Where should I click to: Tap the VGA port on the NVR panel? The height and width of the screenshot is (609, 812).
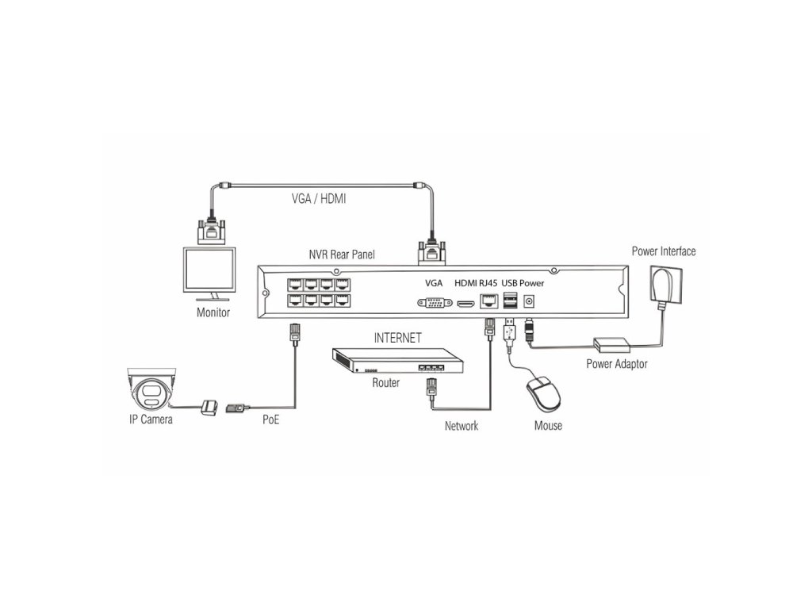click(433, 302)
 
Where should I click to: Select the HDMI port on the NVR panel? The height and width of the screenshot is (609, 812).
click(465, 303)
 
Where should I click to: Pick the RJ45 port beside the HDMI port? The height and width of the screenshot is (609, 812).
click(488, 301)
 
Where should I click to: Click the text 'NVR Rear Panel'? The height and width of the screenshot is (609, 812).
click(341, 255)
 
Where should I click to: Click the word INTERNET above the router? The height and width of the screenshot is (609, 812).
click(397, 337)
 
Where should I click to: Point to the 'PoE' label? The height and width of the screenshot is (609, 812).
click(270, 419)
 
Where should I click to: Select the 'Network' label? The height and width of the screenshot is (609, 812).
click(462, 426)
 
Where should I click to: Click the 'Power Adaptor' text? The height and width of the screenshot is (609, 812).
click(617, 364)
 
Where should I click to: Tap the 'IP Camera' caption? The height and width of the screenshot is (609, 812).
click(151, 419)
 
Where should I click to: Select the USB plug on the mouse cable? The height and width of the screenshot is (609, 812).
click(508, 329)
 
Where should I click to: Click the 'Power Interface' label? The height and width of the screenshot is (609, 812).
click(664, 251)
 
